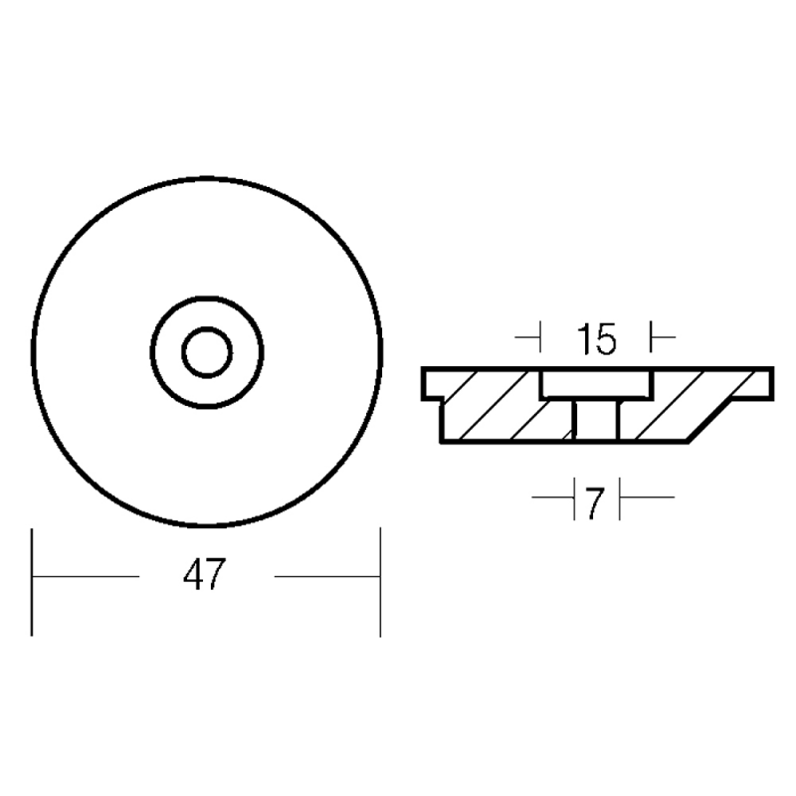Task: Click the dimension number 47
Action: [204, 574]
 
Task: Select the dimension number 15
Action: [596, 338]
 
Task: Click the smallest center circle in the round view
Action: [207, 352]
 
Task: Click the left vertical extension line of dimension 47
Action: [32, 582]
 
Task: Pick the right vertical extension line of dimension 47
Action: [380, 582]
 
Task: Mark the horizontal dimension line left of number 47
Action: [86, 576]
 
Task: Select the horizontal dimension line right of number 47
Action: [327, 576]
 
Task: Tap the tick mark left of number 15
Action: [529, 336]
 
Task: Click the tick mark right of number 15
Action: [662, 336]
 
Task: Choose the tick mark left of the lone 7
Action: [554, 497]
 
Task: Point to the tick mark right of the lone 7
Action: [646, 497]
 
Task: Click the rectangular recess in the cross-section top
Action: [596, 384]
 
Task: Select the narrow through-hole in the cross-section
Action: [596, 419]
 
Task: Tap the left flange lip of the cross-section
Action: [433, 384]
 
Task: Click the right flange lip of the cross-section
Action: [753, 384]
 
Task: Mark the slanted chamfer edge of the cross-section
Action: [710, 420]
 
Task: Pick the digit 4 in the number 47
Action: [193, 574]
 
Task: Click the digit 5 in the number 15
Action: [607, 338]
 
